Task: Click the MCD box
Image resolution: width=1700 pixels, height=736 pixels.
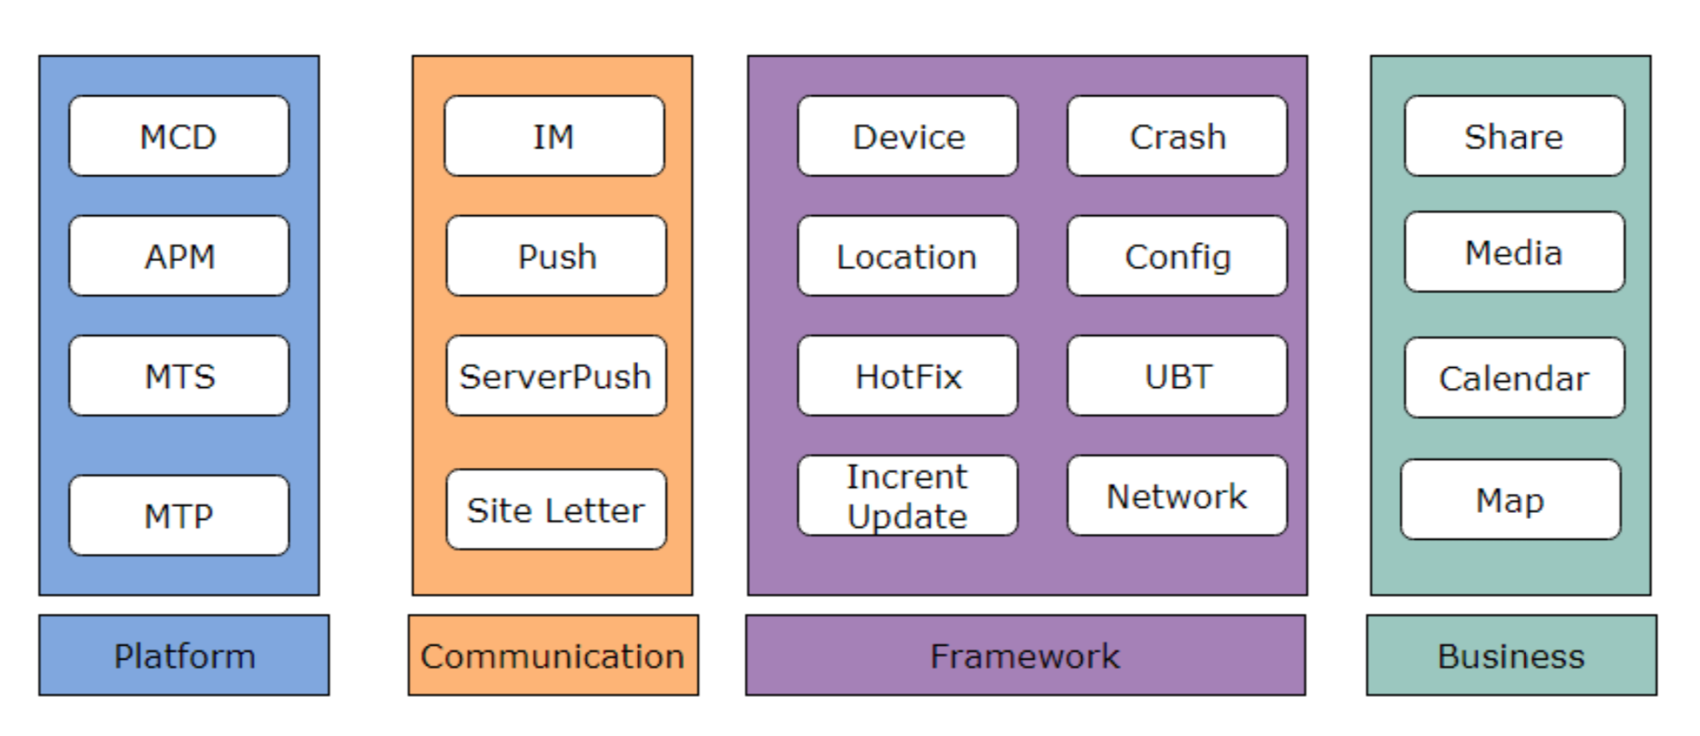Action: [179, 136]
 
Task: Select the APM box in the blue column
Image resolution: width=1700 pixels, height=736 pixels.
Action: [179, 256]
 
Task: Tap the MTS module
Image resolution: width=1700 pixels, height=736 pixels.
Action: [179, 376]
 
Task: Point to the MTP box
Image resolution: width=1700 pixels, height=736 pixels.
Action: [179, 516]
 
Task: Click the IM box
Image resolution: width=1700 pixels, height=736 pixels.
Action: [554, 136]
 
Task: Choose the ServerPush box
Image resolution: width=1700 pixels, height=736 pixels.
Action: [556, 376]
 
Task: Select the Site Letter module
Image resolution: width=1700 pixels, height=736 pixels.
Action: [556, 509]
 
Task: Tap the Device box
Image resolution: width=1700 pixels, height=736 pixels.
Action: [907, 136]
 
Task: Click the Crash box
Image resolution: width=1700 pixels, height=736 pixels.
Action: [1177, 136]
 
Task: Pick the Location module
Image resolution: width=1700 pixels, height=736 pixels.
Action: [907, 256]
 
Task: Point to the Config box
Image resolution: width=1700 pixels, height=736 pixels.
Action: [1177, 256]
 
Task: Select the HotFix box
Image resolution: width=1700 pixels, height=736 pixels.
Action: [907, 376]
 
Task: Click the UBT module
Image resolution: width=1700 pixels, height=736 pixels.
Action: [1177, 376]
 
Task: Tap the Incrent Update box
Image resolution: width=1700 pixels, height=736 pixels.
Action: [907, 496]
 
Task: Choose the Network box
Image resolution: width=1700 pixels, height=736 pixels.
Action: [1177, 496]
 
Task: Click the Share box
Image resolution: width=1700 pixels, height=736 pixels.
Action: [1514, 136]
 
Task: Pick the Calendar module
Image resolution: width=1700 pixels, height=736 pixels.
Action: [1514, 378]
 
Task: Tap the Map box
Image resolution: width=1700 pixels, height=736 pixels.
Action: [1510, 500]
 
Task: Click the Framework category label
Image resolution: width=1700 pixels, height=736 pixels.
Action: [1025, 655]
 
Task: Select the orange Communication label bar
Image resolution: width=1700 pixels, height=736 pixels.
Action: [553, 655]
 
